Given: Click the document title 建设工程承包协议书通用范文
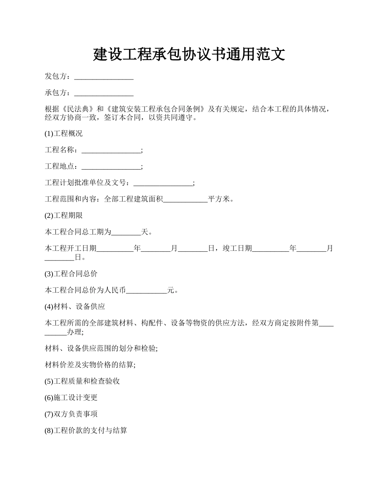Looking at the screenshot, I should [189, 54].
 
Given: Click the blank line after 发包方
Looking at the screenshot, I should [104, 77].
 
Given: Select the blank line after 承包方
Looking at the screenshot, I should [104, 93].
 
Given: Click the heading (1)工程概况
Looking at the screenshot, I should [64, 134].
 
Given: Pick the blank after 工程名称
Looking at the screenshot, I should [111, 150].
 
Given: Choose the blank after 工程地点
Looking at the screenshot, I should [111, 167].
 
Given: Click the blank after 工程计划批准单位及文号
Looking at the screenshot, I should [163, 183].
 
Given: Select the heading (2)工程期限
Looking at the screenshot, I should [64, 215].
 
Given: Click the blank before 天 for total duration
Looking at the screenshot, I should [126, 232].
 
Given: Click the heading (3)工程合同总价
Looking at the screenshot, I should [71, 274].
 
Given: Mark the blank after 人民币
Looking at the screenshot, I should [146, 291].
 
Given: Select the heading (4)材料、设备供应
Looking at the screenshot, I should [75, 307].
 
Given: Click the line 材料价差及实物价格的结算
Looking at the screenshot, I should [90, 365].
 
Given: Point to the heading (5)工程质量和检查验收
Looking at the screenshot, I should [82, 381].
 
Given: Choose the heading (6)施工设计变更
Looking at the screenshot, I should [71, 398].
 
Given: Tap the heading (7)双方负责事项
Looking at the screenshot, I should [71, 414].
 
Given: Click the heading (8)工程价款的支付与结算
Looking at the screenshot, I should [86, 431].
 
